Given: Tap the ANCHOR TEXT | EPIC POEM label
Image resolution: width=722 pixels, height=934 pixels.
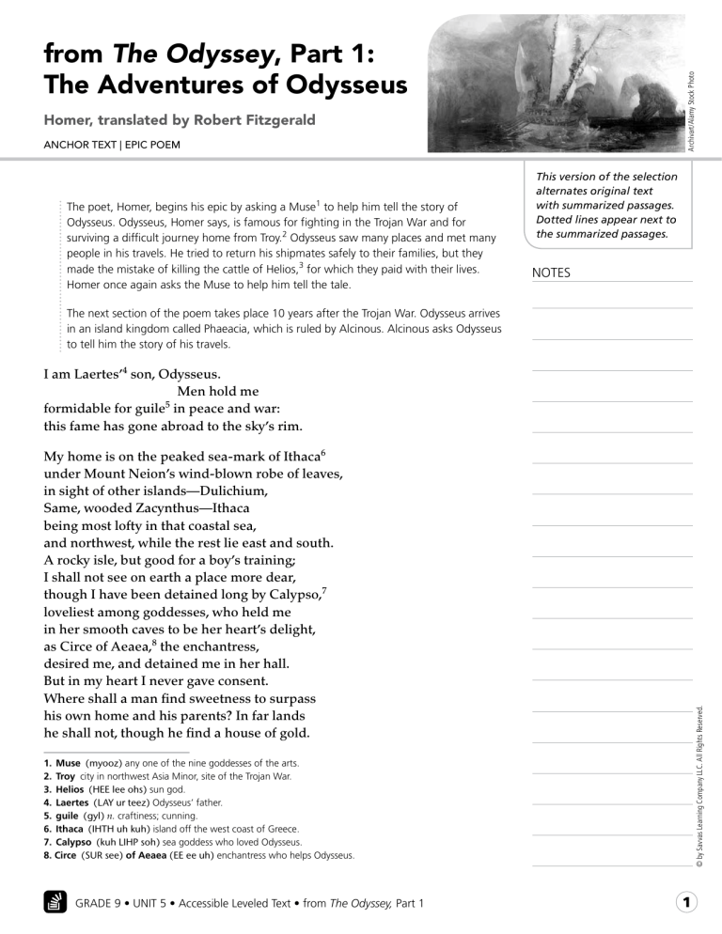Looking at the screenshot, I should point(104,146).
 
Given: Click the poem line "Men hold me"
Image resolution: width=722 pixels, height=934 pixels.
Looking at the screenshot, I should point(217,390).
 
